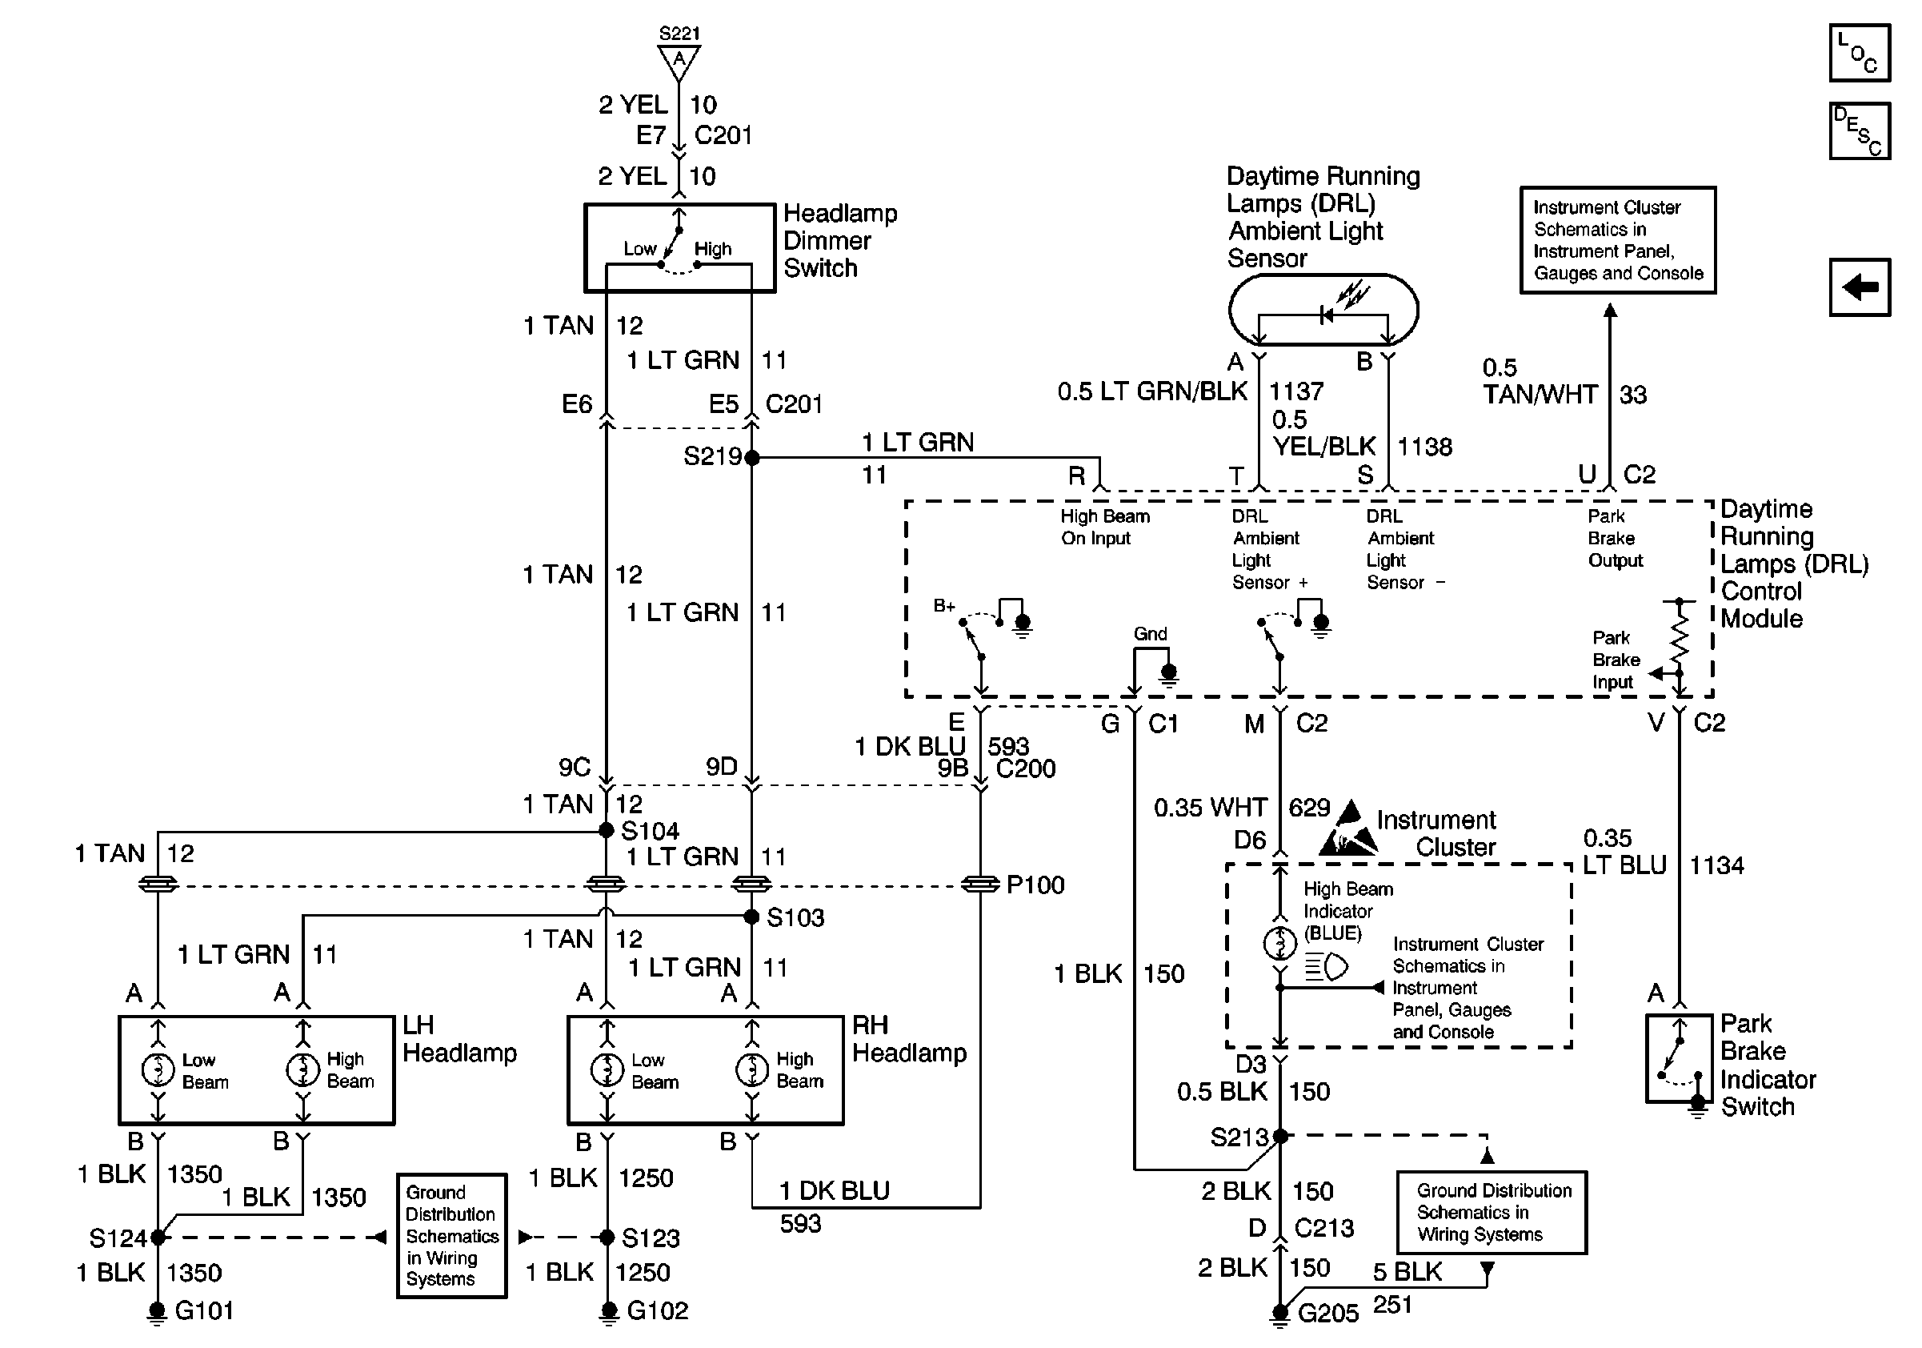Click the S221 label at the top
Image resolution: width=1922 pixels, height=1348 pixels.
(x=679, y=34)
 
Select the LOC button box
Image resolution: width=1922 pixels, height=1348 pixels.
(x=1860, y=53)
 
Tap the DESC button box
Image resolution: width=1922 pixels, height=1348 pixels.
(x=1860, y=130)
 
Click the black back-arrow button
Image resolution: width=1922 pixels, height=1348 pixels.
(x=1860, y=287)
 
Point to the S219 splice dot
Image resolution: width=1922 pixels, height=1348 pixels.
(x=751, y=458)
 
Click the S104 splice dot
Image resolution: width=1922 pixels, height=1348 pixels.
(x=606, y=831)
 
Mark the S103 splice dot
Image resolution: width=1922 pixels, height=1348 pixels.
(x=751, y=917)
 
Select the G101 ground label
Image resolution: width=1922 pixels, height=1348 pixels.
(x=203, y=1310)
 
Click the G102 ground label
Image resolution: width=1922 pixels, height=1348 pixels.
(x=657, y=1310)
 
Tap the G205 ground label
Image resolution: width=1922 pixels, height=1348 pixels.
(x=1327, y=1313)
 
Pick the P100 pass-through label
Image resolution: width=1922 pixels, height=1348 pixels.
(x=1035, y=885)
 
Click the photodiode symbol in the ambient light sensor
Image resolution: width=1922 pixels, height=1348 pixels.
(x=1326, y=315)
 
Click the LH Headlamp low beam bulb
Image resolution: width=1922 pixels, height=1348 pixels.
(x=158, y=1069)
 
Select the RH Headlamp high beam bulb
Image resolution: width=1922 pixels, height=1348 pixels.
(x=751, y=1069)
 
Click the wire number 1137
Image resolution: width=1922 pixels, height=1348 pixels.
(x=1295, y=391)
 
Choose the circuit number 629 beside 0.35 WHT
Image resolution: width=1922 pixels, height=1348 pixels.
(x=1309, y=807)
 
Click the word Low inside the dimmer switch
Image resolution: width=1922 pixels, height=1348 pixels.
(x=639, y=249)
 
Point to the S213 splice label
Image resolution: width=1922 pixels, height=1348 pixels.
(x=1239, y=1137)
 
